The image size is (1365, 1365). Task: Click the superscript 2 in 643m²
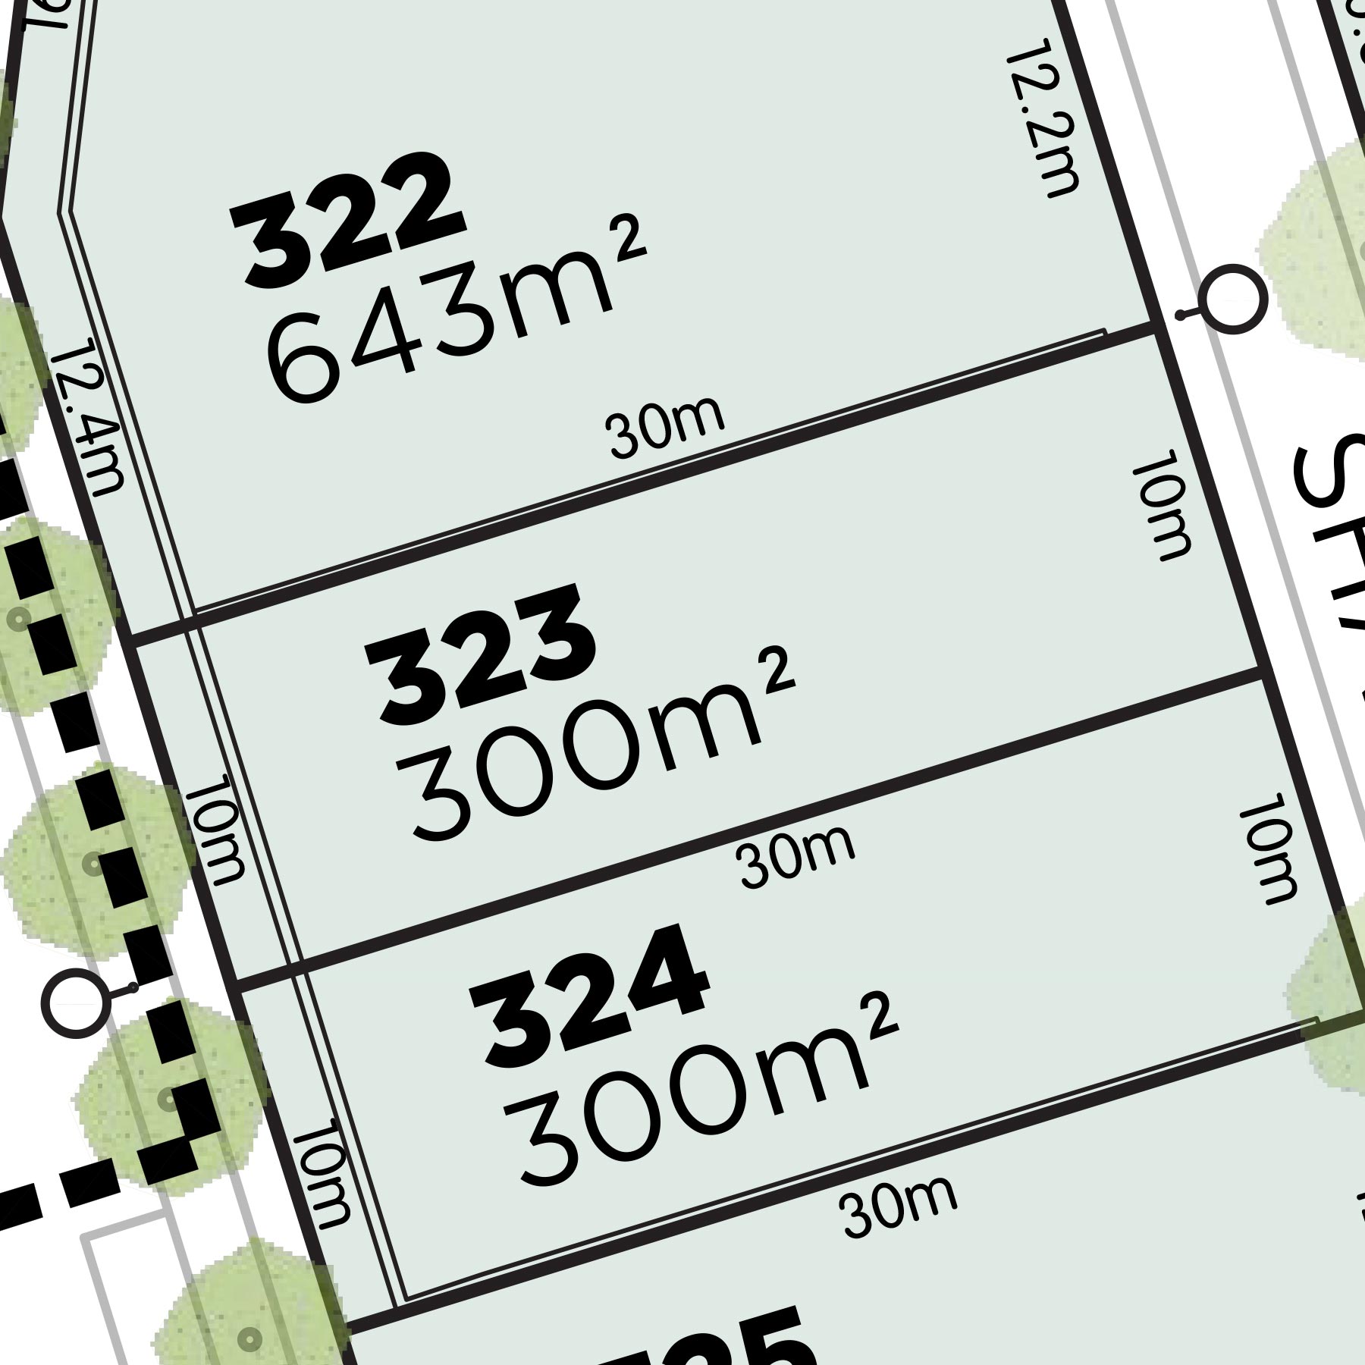click(631, 241)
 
